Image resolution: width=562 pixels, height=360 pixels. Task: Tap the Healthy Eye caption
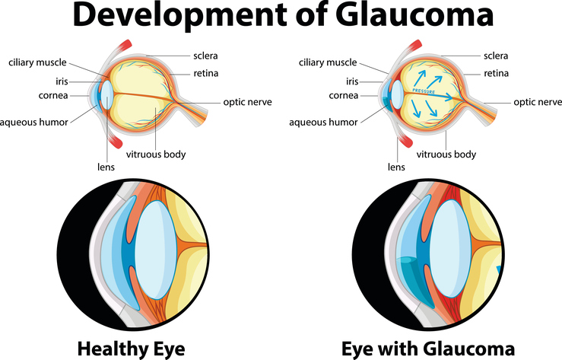[x=131, y=349]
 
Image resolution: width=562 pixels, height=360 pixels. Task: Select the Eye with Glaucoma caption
[x=428, y=349]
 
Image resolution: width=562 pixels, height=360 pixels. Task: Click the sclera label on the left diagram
[x=205, y=56]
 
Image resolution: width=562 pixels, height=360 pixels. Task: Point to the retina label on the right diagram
[x=496, y=74]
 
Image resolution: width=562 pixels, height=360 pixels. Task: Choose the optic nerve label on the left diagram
[x=247, y=102]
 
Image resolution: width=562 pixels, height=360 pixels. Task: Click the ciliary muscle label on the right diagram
[x=328, y=62]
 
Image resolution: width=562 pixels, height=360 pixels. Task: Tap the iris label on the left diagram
[x=62, y=81]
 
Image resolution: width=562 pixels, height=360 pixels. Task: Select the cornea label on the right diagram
[x=344, y=96]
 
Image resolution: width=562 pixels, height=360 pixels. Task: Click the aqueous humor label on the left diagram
[x=34, y=123]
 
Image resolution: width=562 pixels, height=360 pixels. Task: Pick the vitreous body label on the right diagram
[x=446, y=155]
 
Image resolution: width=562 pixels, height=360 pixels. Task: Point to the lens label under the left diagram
[x=106, y=167]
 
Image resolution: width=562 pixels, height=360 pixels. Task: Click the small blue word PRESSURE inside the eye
[x=424, y=91]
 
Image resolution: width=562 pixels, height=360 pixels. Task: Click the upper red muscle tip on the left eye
[x=125, y=46]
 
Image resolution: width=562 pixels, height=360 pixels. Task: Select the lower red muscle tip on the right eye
[x=406, y=141]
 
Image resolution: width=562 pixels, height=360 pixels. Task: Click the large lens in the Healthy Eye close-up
[x=156, y=250]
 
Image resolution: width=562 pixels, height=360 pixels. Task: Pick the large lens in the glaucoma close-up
[x=451, y=248]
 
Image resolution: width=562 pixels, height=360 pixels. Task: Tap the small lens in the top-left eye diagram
[x=106, y=95]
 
